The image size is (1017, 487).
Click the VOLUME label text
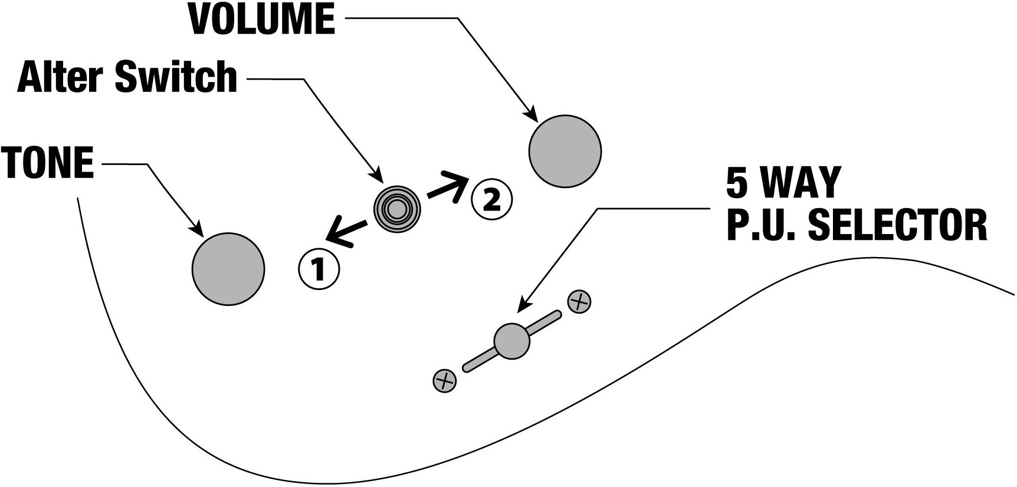[262, 19]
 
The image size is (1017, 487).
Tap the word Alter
[61, 77]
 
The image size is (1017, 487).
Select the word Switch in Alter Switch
[176, 77]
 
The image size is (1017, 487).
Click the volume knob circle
[565, 151]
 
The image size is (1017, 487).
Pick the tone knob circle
[228, 269]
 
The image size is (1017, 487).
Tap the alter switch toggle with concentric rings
[397, 208]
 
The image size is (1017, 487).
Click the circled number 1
[319, 269]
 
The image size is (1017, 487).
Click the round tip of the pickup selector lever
[512, 341]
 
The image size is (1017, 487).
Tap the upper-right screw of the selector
[579, 302]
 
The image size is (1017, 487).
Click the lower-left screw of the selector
[445, 381]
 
